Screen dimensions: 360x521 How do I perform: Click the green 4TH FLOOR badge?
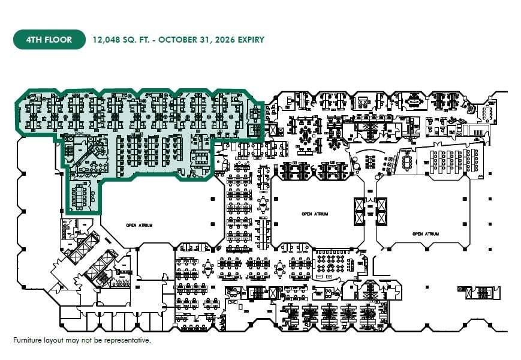(49, 40)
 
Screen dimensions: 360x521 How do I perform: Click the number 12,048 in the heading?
(106, 40)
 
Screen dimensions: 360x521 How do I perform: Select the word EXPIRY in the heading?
(249, 40)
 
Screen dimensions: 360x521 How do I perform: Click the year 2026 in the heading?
(222, 40)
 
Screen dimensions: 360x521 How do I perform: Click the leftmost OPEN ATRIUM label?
(139, 225)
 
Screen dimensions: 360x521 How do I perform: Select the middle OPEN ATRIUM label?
(315, 214)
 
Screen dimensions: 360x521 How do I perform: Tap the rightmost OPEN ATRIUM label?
(425, 233)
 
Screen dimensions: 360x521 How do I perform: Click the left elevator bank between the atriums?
(360, 211)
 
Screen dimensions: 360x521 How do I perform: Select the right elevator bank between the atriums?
(381, 211)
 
